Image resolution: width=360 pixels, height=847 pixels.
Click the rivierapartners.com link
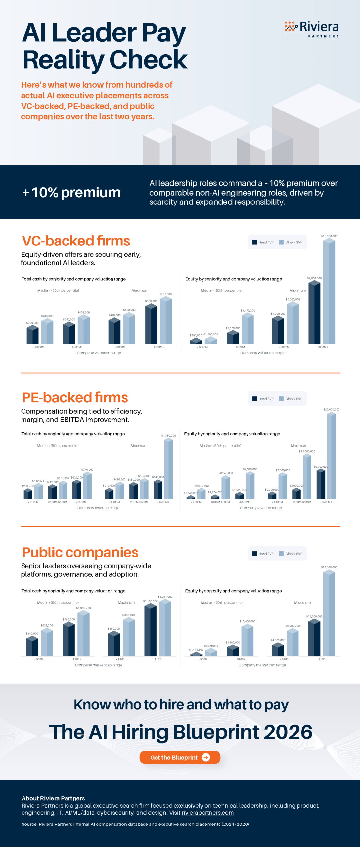tap(207, 813)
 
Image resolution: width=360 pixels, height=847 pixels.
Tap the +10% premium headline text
tap(71, 192)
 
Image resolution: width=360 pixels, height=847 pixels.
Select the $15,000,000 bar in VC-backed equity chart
tap(329, 291)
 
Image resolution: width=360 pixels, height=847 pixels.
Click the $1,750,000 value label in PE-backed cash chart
tap(168, 436)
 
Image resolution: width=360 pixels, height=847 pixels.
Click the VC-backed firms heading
tap(76, 241)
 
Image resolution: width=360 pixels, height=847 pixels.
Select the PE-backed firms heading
tap(75, 397)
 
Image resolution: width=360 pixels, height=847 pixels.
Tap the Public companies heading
tap(80, 552)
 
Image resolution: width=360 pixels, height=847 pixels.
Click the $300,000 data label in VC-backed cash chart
tap(32, 323)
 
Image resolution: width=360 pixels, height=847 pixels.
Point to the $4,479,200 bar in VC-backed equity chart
tap(248, 329)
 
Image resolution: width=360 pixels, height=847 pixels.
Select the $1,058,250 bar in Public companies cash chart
tap(83, 634)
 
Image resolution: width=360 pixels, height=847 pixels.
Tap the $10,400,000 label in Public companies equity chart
tap(247, 621)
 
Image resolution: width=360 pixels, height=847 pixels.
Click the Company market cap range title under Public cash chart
tap(99, 665)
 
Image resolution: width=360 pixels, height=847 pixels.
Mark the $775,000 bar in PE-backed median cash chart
tap(87, 486)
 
